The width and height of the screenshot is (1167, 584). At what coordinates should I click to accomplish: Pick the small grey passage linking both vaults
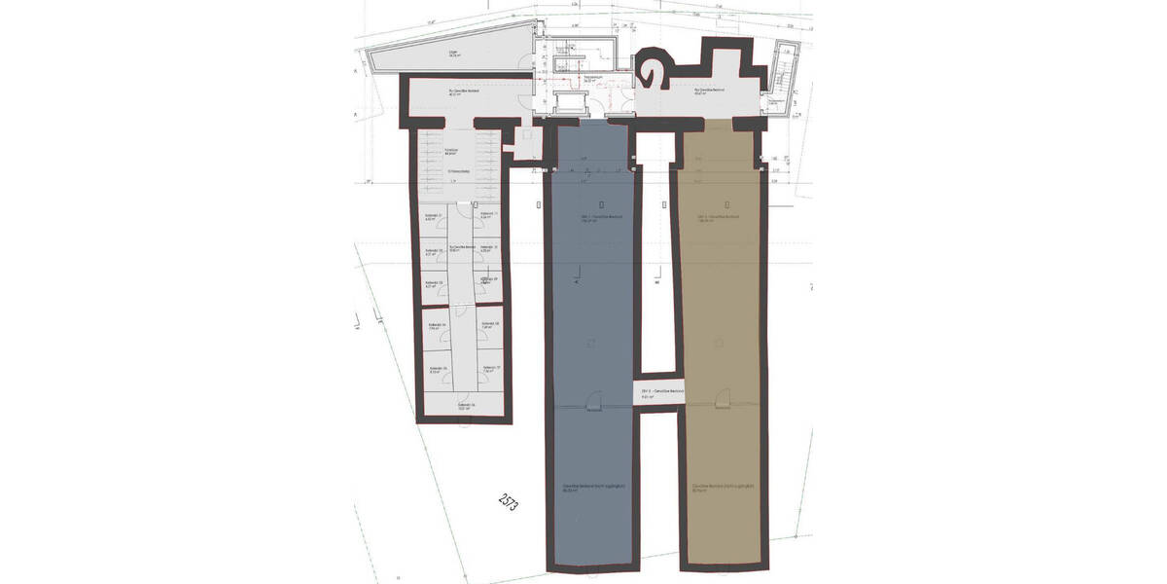659,393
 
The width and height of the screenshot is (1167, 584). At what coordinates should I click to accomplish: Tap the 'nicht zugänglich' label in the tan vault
721,488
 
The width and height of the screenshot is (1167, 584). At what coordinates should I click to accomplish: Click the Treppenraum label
593,78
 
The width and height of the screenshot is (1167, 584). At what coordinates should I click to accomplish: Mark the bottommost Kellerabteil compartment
465,406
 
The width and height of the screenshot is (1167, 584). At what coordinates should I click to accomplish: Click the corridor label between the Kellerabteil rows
463,249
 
